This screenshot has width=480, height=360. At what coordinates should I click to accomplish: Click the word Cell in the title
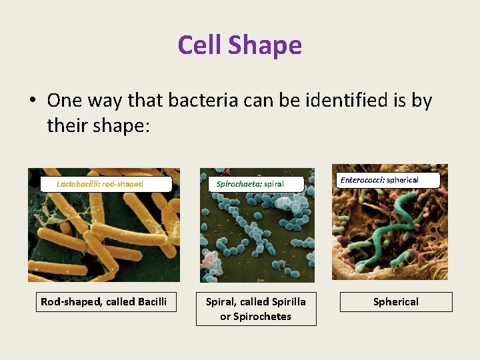coord(200,45)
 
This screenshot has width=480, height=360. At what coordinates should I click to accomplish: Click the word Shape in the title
coord(265,45)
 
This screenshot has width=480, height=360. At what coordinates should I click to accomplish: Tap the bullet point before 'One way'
coord(32,101)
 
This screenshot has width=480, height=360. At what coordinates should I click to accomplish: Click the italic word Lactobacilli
coord(78,183)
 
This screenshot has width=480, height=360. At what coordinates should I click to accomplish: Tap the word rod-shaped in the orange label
coord(123,183)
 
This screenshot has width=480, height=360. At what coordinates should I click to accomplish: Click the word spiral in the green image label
coord(274,184)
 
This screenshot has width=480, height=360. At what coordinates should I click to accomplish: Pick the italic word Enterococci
coord(362,180)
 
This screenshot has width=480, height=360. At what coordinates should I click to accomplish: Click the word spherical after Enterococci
coord(403,180)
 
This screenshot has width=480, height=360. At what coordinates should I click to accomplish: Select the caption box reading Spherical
coord(396,302)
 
